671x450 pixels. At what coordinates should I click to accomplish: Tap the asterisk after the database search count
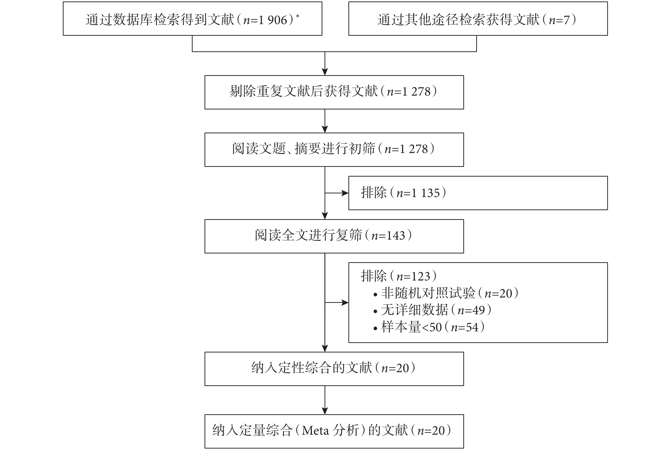(x=298, y=16)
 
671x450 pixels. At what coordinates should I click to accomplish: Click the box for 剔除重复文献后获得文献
(x=334, y=92)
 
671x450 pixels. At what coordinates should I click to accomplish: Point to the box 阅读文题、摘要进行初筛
(x=334, y=150)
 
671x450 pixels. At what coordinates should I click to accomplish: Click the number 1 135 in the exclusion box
(x=426, y=193)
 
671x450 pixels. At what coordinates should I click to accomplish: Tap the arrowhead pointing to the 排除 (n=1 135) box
(x=345, y=193)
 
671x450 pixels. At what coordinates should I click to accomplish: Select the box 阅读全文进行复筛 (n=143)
(x=334, y=236)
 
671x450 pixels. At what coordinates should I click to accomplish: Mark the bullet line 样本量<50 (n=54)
(x=429, y=327)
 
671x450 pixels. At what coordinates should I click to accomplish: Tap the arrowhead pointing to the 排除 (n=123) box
(x=345, y=303)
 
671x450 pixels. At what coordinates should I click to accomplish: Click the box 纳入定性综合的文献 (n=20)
(x=334, y=369)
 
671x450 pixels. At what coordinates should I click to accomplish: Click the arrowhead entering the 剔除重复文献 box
(x=325, y=72)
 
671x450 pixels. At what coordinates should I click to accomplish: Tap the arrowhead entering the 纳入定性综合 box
(x=325, y=348)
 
